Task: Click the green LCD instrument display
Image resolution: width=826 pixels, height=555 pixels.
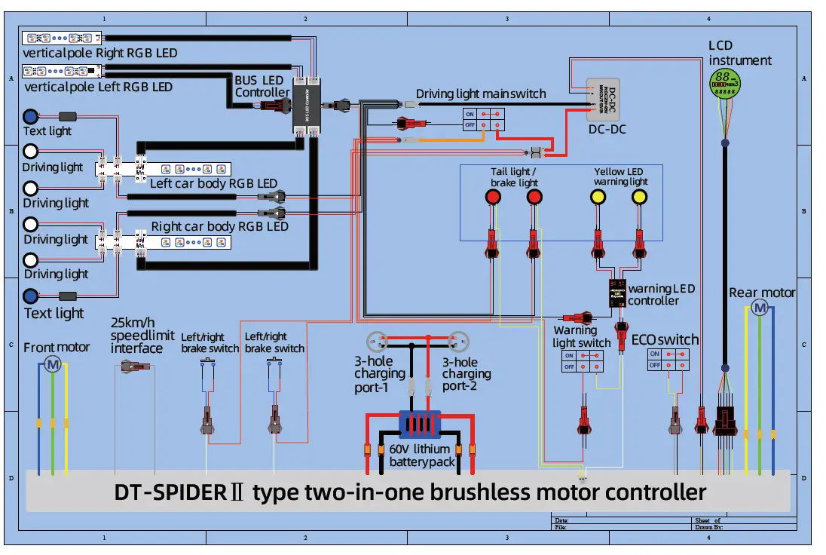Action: pyautogui.click(x=725, y=82)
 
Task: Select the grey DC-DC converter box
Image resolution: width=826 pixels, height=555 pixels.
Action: pyautogui.click(x=603, y=100)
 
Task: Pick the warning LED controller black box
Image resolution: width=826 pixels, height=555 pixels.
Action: pyautogui.click(x=619, y=293)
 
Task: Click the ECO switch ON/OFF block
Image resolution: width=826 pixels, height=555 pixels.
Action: pyautogui.click(x=668, y=359)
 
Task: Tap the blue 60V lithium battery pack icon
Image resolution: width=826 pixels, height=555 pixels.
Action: pyautogui.click(x=419, y=424)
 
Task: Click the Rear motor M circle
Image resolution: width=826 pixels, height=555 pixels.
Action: pyautogui.click(x=760, y=308)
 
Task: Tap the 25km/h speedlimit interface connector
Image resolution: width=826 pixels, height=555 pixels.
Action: pyautogui.click(x=135, y=366)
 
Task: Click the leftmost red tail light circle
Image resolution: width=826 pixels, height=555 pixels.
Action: pyautogui.click(x=492, y=197)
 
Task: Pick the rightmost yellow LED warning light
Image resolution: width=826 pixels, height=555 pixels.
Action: pyautogui.click(x=639, y=197)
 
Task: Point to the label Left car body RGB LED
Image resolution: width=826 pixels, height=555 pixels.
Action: pyautogui.click(x=214, y=184)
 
